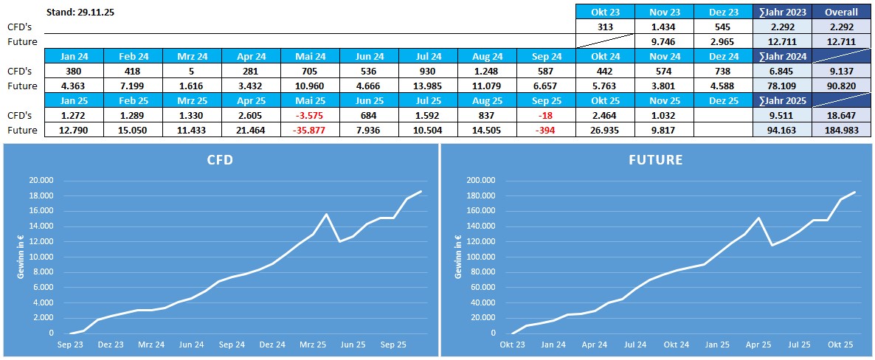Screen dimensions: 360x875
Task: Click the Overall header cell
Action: [841, 13]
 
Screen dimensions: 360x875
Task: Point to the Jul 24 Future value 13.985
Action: [428, 86]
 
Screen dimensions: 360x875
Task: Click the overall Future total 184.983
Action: [841, 130]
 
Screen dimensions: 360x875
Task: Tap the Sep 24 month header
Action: [546, 57]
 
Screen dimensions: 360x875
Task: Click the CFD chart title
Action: [219, 159]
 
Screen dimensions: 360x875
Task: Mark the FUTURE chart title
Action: [657, 159]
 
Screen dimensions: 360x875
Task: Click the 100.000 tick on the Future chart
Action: [480, 257]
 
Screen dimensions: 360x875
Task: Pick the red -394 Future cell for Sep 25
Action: [546, 130]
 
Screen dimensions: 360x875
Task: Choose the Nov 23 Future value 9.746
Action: [664, 41]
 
